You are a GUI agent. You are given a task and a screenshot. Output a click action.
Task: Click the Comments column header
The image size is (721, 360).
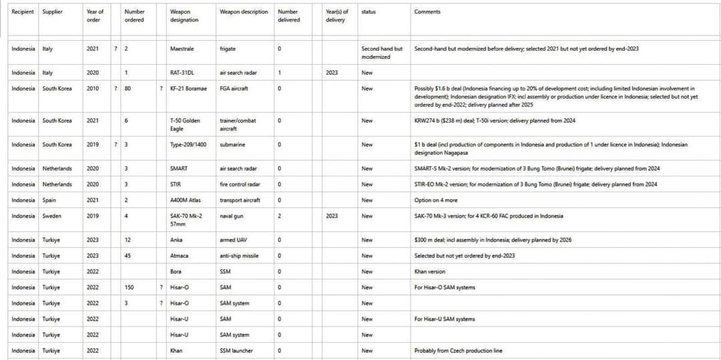(x=427, y=12)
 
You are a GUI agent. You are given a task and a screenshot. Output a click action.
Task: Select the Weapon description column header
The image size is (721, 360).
(x=244, y=12)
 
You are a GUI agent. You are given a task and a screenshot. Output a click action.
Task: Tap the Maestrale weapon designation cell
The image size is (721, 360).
(x=182, y=49)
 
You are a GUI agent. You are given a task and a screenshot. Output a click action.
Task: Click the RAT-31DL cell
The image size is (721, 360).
(x=182, y=73)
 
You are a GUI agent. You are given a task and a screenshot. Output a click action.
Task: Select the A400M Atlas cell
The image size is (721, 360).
(x=186, y=200)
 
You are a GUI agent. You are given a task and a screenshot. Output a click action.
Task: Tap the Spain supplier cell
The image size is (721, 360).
(x=50, y=200)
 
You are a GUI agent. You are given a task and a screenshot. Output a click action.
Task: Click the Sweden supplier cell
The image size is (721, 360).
(x=53, y=216)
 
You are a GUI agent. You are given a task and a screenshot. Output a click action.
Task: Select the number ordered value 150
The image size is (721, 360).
(x=129, y=288)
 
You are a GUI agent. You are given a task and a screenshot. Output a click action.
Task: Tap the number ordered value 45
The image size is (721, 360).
(x=128, y=256)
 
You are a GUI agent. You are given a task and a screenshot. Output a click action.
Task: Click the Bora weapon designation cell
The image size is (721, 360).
(x=176, y=272)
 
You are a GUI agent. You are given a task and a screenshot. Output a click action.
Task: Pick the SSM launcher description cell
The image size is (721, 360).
(x=236, y=351)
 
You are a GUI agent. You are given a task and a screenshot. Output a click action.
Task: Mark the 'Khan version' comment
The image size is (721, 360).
(x=430, y=272)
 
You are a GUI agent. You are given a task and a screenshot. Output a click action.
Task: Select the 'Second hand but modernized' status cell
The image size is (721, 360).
(x=382, y=53)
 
